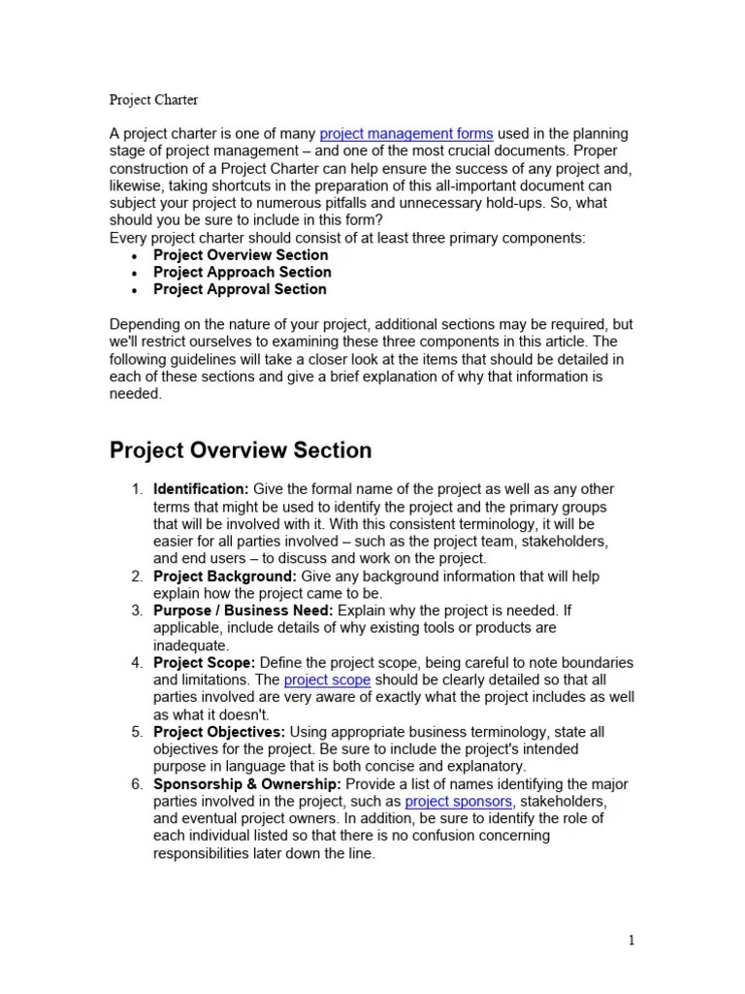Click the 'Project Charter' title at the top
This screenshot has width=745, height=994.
(x=153, y=99)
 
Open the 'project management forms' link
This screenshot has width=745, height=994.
(x=405, y=134)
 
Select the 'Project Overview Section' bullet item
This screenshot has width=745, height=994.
(x=241, y=255)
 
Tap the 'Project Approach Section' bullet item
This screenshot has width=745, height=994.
(x=242, y=273)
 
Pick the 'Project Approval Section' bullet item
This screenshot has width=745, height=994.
(x=240, y=289)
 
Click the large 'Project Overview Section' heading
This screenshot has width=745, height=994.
(x=241, y=450)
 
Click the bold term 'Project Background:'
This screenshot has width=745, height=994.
(x=218, y=577)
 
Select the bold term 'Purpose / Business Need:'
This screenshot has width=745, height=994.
(x=243, y=611)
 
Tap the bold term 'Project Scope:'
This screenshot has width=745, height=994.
(x=204, y=663)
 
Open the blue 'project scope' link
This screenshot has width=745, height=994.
(x=327, y=680)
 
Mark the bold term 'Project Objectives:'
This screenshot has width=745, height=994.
(x=219, y=732)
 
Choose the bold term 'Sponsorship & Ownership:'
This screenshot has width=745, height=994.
(x=246, y=784)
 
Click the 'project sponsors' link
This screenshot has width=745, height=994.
(x=459, y=802)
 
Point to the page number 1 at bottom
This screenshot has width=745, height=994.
(x=632, y=940)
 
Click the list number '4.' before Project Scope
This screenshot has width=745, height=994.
(x=137, y=663)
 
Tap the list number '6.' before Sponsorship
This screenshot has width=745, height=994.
(x=137, y=784)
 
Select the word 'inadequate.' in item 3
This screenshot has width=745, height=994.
(x=191, y=646)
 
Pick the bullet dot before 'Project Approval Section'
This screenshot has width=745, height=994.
(x=133, y=290)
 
